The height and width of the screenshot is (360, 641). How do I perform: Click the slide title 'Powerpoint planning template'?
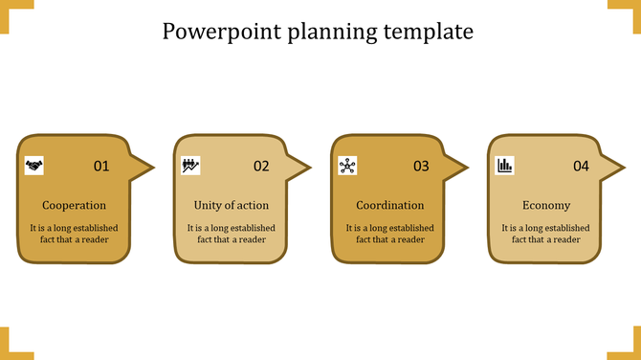click(318, 32)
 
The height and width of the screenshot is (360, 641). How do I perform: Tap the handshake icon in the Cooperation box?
click(34, 166)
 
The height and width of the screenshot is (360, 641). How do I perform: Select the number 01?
click(101, 167)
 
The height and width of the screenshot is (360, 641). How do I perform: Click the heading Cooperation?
click(74, 205)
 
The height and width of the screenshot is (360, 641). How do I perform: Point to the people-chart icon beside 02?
click(190, 166)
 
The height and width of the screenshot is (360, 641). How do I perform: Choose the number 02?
click(261, 167)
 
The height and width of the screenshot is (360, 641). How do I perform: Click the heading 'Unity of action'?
click(231, 205)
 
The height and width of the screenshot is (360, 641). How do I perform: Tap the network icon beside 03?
click(347, 166)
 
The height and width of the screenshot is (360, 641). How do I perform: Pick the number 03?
click(421, 167)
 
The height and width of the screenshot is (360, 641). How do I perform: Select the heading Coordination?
click(389, 205)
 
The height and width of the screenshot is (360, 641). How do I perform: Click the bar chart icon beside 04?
click(504, 166)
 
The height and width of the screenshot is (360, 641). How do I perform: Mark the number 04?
click(581, 167)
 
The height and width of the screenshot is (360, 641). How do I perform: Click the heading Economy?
click(546, 205)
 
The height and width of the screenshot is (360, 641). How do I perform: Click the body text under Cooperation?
click(74, 234)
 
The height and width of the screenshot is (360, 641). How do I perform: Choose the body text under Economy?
click(546, 234)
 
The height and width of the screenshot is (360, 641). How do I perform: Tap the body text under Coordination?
click(389, 234)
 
